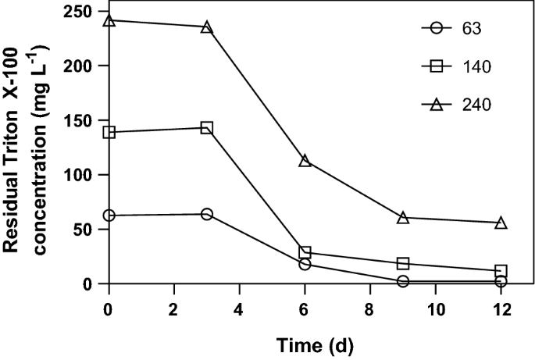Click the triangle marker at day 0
(109, 20)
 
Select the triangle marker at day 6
(305, 160)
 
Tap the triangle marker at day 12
(501, 223)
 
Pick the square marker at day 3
(206, 127)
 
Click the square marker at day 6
(305, 252)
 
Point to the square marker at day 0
(109, 132)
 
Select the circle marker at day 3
(206, 214)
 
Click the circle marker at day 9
(403, 281)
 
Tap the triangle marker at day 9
(403, 217)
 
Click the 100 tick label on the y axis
(76, 175)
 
